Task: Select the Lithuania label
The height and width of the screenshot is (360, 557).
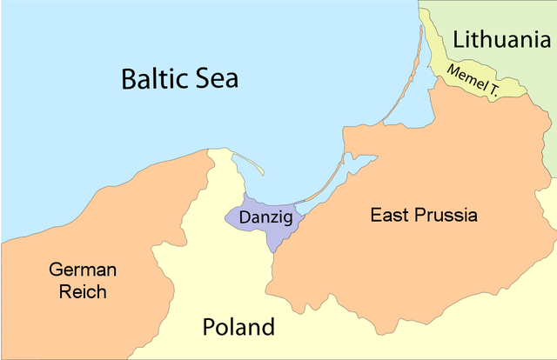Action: [502, 38]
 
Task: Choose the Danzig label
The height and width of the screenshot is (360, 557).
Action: [266, 215]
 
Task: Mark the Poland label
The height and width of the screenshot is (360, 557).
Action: [238, 328]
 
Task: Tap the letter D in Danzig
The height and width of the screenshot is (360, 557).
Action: [245, 215]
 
